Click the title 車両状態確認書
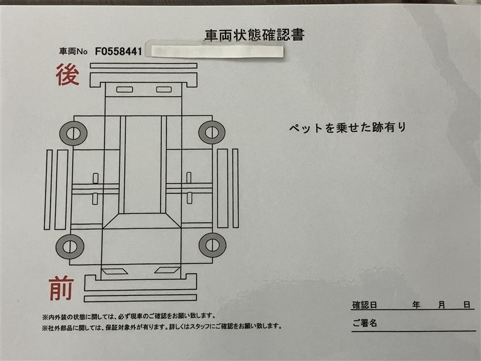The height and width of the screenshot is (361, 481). click(254, 35)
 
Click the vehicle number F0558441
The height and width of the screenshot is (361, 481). click(118, 51)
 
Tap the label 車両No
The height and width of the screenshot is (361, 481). click(73, 51)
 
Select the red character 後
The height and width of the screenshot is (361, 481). click(68, 75)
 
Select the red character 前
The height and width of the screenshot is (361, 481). click(61, 288)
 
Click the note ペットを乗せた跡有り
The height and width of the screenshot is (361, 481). click(348, 128)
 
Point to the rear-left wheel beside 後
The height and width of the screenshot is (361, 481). click(73, 133)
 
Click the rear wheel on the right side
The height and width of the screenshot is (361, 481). click(212, 132)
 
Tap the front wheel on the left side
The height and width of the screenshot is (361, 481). click(70, 247)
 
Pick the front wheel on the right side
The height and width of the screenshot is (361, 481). click(213, 245)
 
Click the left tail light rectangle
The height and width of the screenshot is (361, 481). click(124, 90)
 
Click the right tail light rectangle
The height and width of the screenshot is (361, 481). click(164, 89)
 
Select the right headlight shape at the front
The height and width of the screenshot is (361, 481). click(167, 270)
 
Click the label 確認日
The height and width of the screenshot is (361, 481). click(364, 305)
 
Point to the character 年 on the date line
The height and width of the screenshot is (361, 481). click(416, 305)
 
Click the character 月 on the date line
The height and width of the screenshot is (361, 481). click(441, 305)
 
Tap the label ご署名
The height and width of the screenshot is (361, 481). click(364, 323)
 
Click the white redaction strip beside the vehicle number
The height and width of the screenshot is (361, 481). click(217, 51)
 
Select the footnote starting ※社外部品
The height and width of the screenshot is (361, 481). click(162, 327)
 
